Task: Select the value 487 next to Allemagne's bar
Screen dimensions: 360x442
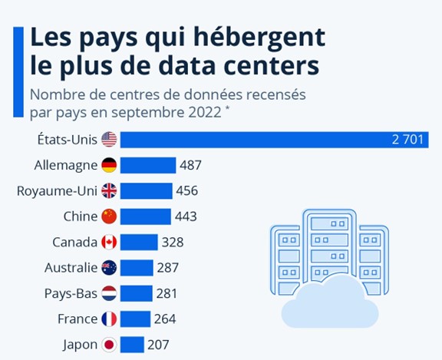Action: point(190,165)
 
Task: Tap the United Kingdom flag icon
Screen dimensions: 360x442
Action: point(109,190)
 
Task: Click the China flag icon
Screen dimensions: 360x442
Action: point(109,216)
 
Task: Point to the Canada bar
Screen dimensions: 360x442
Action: point(139,242)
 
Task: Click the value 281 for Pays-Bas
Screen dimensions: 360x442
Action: point(167,293)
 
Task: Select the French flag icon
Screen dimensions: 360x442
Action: point(109,319)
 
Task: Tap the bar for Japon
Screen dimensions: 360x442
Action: point(132,344)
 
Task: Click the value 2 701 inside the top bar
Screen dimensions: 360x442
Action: point(406,139)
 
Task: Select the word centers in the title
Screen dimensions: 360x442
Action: point(274,67)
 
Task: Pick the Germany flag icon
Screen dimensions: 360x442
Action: point(109,165)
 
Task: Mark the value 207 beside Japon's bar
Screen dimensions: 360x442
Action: point(159,344)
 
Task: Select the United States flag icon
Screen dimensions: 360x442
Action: point(109,139)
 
